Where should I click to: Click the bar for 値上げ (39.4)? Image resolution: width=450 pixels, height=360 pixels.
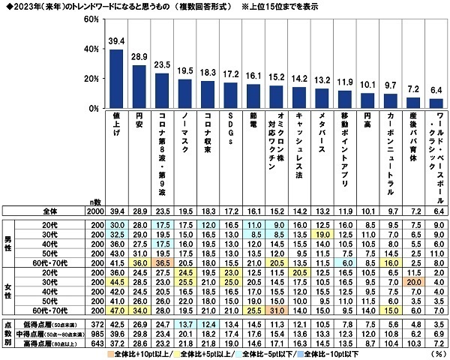(x=116, y=79)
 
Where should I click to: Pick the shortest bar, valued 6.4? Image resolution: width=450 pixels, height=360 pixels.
(x=436, y=103)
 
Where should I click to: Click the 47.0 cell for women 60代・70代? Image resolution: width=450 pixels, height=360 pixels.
(x=116, y=308)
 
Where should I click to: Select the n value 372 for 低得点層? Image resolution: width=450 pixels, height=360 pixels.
(x=94, y=322)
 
